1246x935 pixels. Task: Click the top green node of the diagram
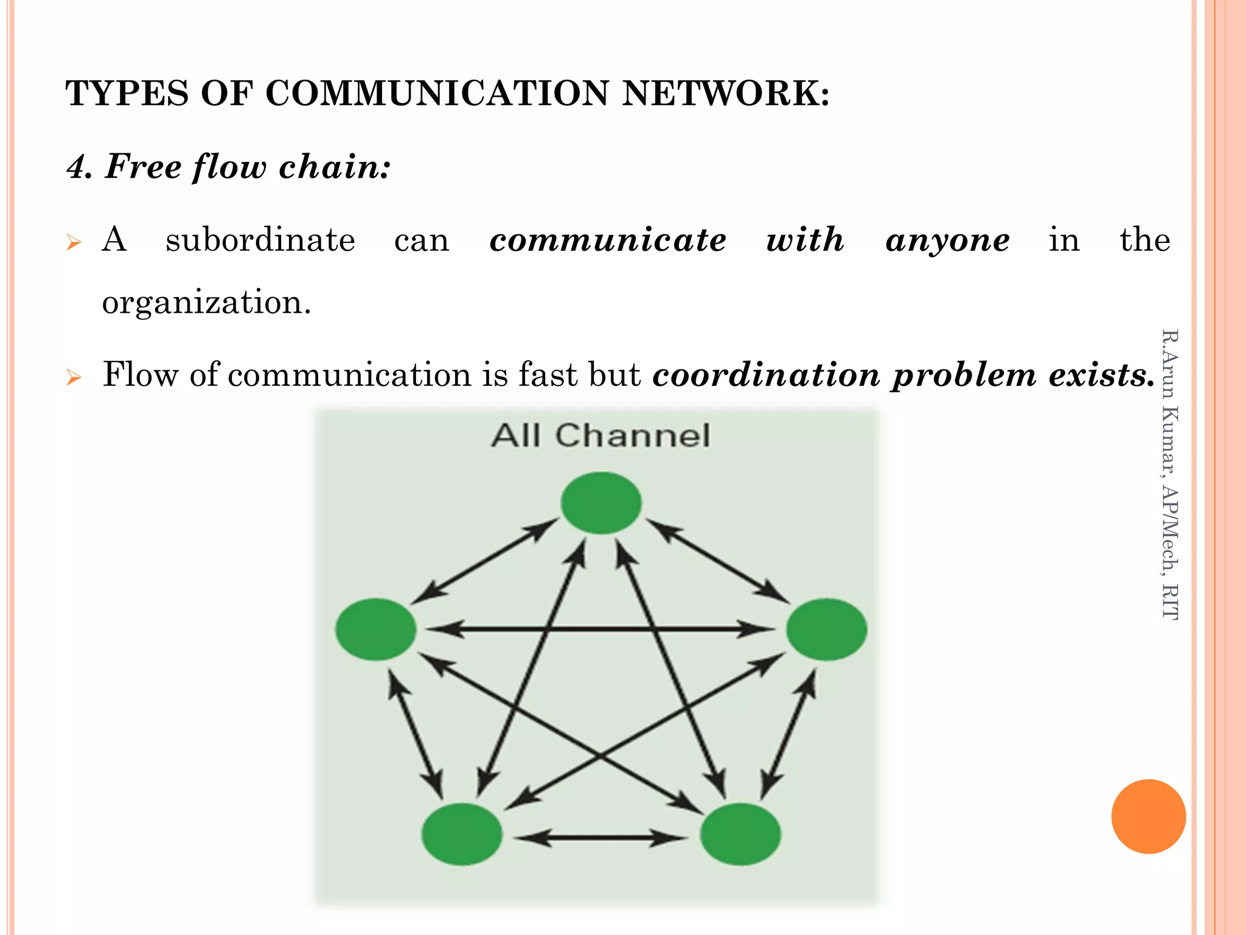[601, 503]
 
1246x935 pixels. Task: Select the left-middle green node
[376, 629]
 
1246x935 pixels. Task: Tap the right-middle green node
[826, 629]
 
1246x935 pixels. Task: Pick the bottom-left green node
[462, 834]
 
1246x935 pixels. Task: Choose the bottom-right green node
[740, 834]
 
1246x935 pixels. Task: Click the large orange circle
[1148, 816]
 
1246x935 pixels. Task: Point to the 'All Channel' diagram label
[601, 436]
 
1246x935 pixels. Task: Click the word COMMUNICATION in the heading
[437, 94]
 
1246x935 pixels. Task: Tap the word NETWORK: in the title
[725, 94]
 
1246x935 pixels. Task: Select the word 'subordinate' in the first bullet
[260, 240]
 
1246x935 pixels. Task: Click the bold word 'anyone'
[947, 240]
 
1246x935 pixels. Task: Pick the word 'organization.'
[206, 303]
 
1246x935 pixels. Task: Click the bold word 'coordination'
[766, 374]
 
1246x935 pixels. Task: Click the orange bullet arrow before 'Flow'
[74, 377]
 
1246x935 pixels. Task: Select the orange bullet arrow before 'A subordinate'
[74, 243]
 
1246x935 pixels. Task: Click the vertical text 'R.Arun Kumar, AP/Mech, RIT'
[1169, 475]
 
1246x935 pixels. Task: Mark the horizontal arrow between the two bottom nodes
[601, 838]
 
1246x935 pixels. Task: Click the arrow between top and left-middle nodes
[485, 561]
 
